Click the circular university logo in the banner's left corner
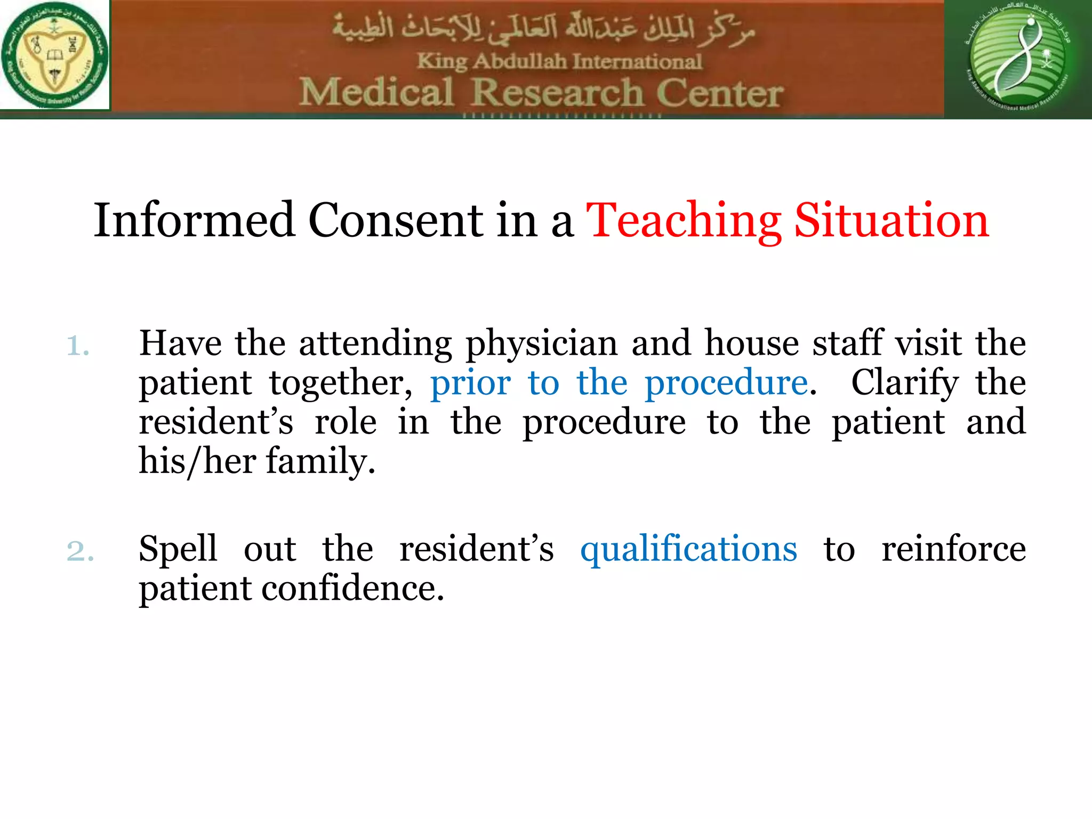pyautogui.click(x=54, y=54)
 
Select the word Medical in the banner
pyautogui.click(x=376, y=93)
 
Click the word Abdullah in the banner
pyautogui.click(x=520, y=61)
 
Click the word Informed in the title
pyautogui.click(x=194, y=220)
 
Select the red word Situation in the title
pyautogui.click(x=892, y=220)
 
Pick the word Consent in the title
pyautogui.click(x=396, y=220)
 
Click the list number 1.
pyautogui.click(x=77, y=346)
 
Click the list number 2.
pyautogui.click(x=80, y=551)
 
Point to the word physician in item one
pyautogui.click(x=541, y=344)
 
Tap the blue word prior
pyautogui.click(x=470, y=383)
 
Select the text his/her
pyautogui.click(x=197, y=461)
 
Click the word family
pyautogui.click(x=320, y=462)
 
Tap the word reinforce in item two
pyautogui.click(x=953, y=549)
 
